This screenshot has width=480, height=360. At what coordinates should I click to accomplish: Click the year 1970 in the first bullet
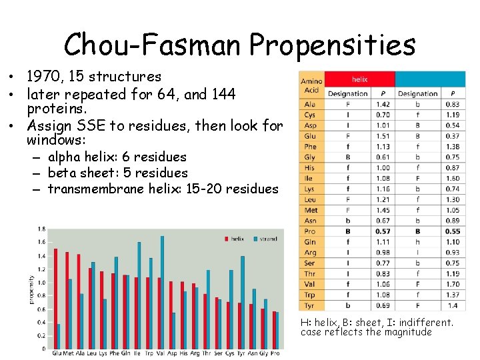click(43, 77)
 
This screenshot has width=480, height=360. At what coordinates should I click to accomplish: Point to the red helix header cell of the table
click(359, 79)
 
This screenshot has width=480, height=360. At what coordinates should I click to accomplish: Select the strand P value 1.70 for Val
click(453, 283)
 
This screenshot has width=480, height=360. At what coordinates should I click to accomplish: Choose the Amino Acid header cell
click(311, 85)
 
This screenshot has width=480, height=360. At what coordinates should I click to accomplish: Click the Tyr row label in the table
click(311, 305)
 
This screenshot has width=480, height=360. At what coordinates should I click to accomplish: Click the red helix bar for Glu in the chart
click(55, 298)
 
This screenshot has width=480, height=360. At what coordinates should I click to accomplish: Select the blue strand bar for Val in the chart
click(162, 291)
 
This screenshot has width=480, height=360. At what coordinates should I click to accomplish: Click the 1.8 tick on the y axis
click(41, 229)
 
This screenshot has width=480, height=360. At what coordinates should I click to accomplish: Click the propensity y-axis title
click(31, 289)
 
